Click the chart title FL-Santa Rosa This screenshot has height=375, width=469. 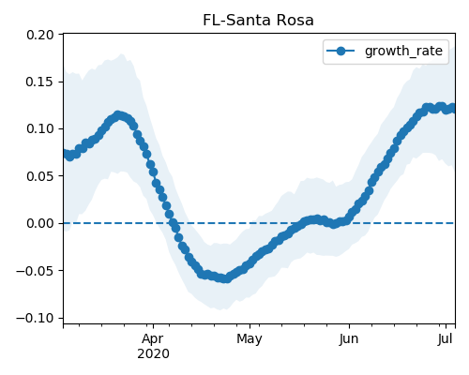click(x=258, y=21)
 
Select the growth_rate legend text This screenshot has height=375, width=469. click(x=403, y=52)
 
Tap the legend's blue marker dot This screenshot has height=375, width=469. click(x=340, y=51)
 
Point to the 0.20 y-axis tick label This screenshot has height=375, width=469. click(x=40, y=35)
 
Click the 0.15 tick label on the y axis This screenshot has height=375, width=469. click(x=40, y=82)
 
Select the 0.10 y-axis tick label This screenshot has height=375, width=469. click(x=40, y=128)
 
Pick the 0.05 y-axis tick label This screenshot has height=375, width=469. click(x=40, y=176)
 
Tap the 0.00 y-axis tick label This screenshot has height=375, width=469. click(x=40, y=223)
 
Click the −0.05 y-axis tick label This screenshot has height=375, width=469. click(x=35, y=271)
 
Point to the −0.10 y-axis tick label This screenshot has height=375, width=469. click(x=35, y=318)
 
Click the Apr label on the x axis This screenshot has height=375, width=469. click(x=153, y=339)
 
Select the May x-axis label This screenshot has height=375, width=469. click(x=250, y=339)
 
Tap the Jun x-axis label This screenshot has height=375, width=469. click(x=349, y=339)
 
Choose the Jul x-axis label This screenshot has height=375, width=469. click(x=446, y=339)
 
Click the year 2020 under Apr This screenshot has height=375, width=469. click(x=153, y=354)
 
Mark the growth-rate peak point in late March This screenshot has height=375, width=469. click(x=118, y=116)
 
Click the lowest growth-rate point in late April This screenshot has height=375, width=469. click(x=226, y=278)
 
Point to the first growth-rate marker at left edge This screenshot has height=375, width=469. click(x=67, y=153)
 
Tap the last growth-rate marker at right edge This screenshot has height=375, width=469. click(x=452, y=109)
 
